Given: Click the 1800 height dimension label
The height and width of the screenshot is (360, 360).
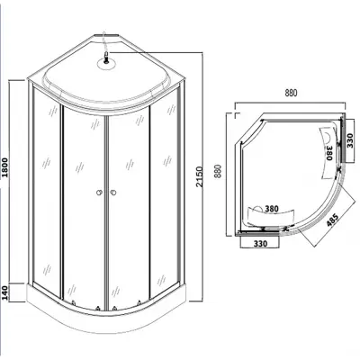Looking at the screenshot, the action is coord(5,166).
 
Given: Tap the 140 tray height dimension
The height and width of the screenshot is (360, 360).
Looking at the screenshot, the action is coord(5,292).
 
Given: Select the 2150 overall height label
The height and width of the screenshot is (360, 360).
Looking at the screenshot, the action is coord(199,176).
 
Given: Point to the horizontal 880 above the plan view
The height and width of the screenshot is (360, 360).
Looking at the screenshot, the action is coord(291,94).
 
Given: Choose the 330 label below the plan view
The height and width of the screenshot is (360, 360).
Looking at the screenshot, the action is coord(260,244).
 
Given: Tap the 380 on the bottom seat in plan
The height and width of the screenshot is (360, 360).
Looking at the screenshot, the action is coord(272,209).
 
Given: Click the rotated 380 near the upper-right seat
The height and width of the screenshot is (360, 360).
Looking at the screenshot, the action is coord(329,153).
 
